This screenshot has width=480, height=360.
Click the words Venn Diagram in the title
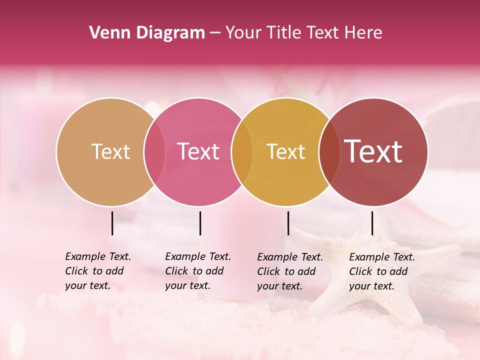pos(147,33)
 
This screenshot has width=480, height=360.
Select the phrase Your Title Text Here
pos(303,33)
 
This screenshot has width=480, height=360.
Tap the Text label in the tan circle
pos(110,151)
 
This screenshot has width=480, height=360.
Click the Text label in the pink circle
pos(198,151)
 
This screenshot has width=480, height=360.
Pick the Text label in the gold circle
pos(285,151)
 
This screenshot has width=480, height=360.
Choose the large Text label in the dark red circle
pos(373,151)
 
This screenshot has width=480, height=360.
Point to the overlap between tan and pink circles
pos(154,151)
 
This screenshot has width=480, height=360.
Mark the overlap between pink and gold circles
pos(242,151)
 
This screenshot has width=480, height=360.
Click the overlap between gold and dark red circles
pos(329,151)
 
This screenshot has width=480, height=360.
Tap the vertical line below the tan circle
pos(112,223)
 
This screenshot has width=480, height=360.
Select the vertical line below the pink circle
pos(200,223)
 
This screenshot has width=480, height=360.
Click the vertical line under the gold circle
pos(288,223)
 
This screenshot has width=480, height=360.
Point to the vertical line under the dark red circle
pos(372,223)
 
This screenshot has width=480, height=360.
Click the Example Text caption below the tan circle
pos(97,271)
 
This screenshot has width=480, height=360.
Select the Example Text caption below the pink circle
pos(197,271)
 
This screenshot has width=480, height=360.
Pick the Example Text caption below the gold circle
pos(289,271)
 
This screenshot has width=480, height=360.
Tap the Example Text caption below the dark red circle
pos(381,271)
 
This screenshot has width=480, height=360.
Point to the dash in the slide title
pos(215,33)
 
